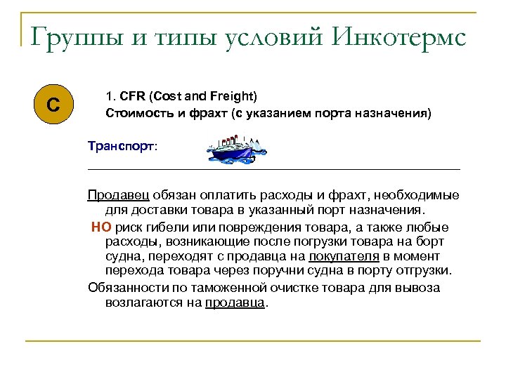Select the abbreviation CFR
(132, 95)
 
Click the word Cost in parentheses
(164, 95)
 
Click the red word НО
(101, 227)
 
